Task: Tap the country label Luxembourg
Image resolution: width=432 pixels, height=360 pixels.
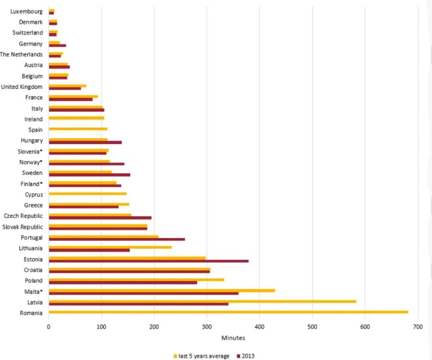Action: [x=26, y=11]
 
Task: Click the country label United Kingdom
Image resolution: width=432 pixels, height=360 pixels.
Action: [x=22, y=87]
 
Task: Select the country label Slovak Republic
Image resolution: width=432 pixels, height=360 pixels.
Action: [x=23, y=227]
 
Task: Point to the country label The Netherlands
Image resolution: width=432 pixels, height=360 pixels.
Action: [x=21, y=54]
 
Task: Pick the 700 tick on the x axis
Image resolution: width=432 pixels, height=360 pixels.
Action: [x=418, y=327]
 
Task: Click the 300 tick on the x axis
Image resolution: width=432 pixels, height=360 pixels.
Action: [x=207, y=327]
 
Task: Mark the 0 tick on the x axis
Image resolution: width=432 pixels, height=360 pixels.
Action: [x=48, y=327]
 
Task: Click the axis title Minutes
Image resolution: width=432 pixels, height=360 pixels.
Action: [x=233, y=338]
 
